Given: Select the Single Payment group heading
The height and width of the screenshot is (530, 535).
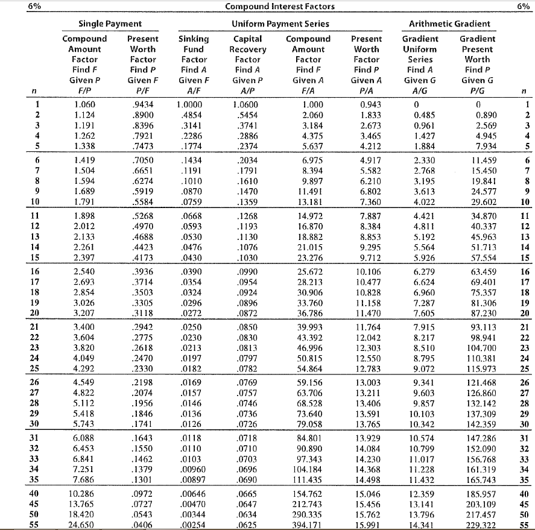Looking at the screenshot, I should pyautogui.click(x=110, y=24).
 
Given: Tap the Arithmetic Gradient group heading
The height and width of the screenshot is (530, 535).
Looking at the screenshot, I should pyautogui.click(x=449, y=24).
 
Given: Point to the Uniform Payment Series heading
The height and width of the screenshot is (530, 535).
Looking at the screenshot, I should pyautogui.click(x=280, y=24).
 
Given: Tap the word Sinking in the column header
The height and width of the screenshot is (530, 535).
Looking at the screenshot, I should pyautogui.click(x=194, y=39).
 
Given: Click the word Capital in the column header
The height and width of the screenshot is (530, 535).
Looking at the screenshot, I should pyautogui.click(x=247, y=39).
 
